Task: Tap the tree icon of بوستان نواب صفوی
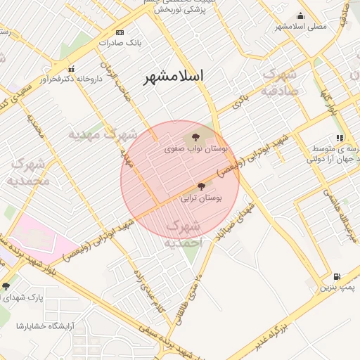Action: click(195, 138)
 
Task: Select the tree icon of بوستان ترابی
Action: click(202, 186)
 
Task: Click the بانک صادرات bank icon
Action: click(120, 32)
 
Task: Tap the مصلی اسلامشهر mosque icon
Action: click(301, 16)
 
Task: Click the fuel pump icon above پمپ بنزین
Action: click(337, 276)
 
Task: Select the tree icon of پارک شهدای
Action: click(6, 286)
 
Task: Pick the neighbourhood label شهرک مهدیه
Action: click(103, 133)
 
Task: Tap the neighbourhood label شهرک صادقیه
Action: click(279, 82)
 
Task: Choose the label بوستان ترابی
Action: click(200, 199)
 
